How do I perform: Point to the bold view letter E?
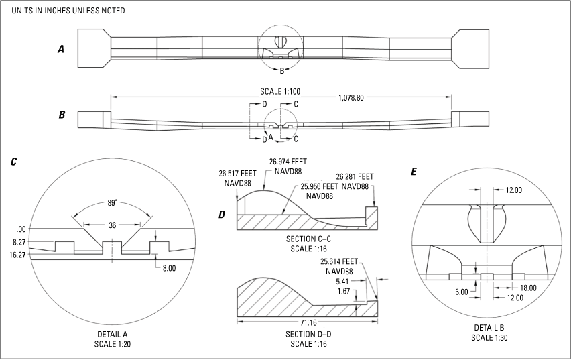pos(414,172)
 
